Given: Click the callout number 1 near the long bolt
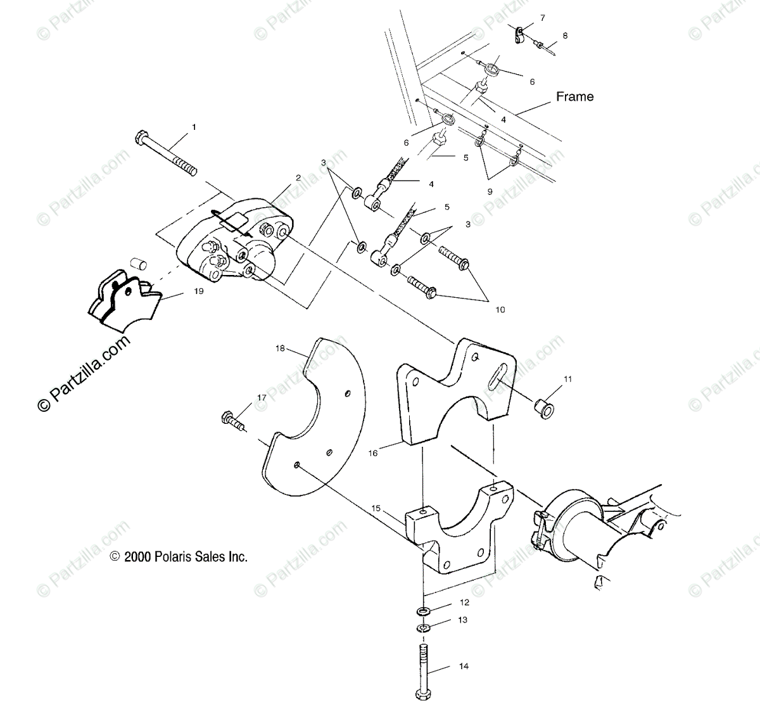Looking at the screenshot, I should (x=194, y=127).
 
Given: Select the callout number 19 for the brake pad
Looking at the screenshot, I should (x=199, y=292).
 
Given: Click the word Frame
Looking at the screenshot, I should (x=574, y=96).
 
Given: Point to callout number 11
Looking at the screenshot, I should (x=567, y=379).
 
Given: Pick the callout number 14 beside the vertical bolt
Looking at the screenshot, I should (x=464, y=667).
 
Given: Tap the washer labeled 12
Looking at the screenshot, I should (x=423, y=611).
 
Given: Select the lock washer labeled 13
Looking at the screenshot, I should (x=423, y=628).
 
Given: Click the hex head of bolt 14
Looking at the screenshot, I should (x=423, y=694).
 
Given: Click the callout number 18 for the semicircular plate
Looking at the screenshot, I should (x=281, y=348).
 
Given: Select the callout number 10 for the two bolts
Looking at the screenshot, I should (x=500, y=310).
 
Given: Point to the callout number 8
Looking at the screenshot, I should (x=565, y=36).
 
